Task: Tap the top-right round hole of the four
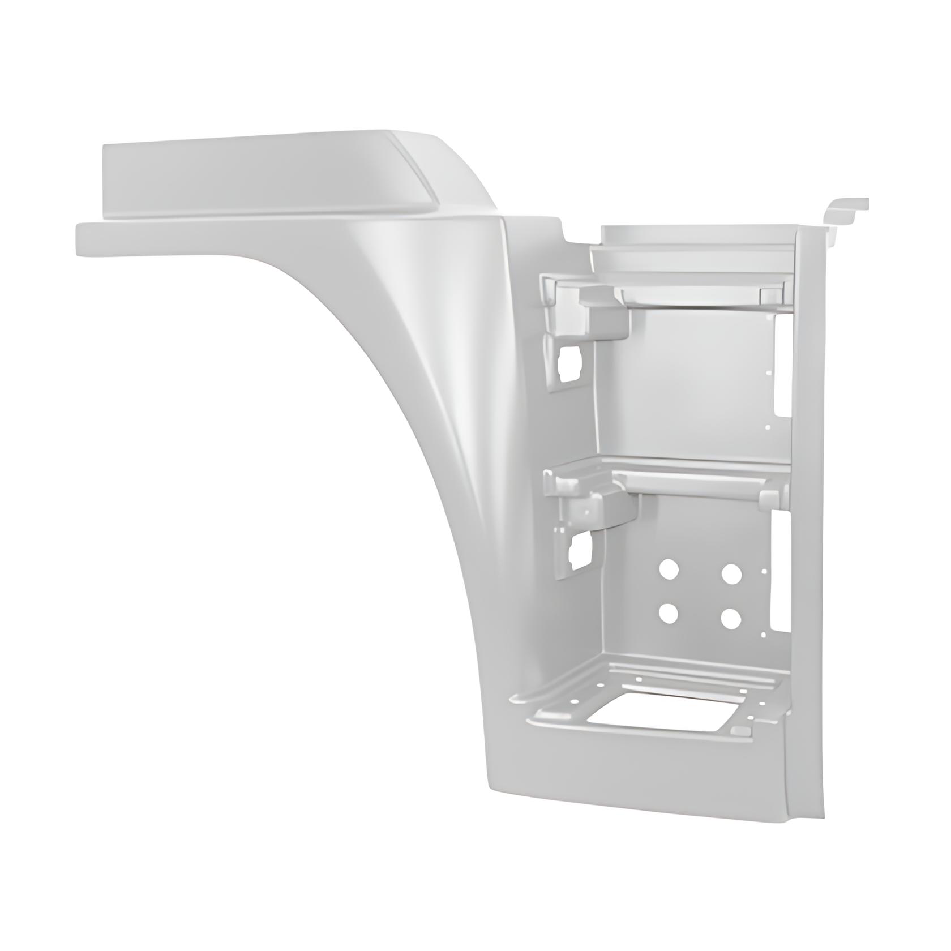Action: click(731, 573)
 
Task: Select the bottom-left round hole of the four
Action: click(669, 612)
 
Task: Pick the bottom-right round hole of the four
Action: click(731, 619)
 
